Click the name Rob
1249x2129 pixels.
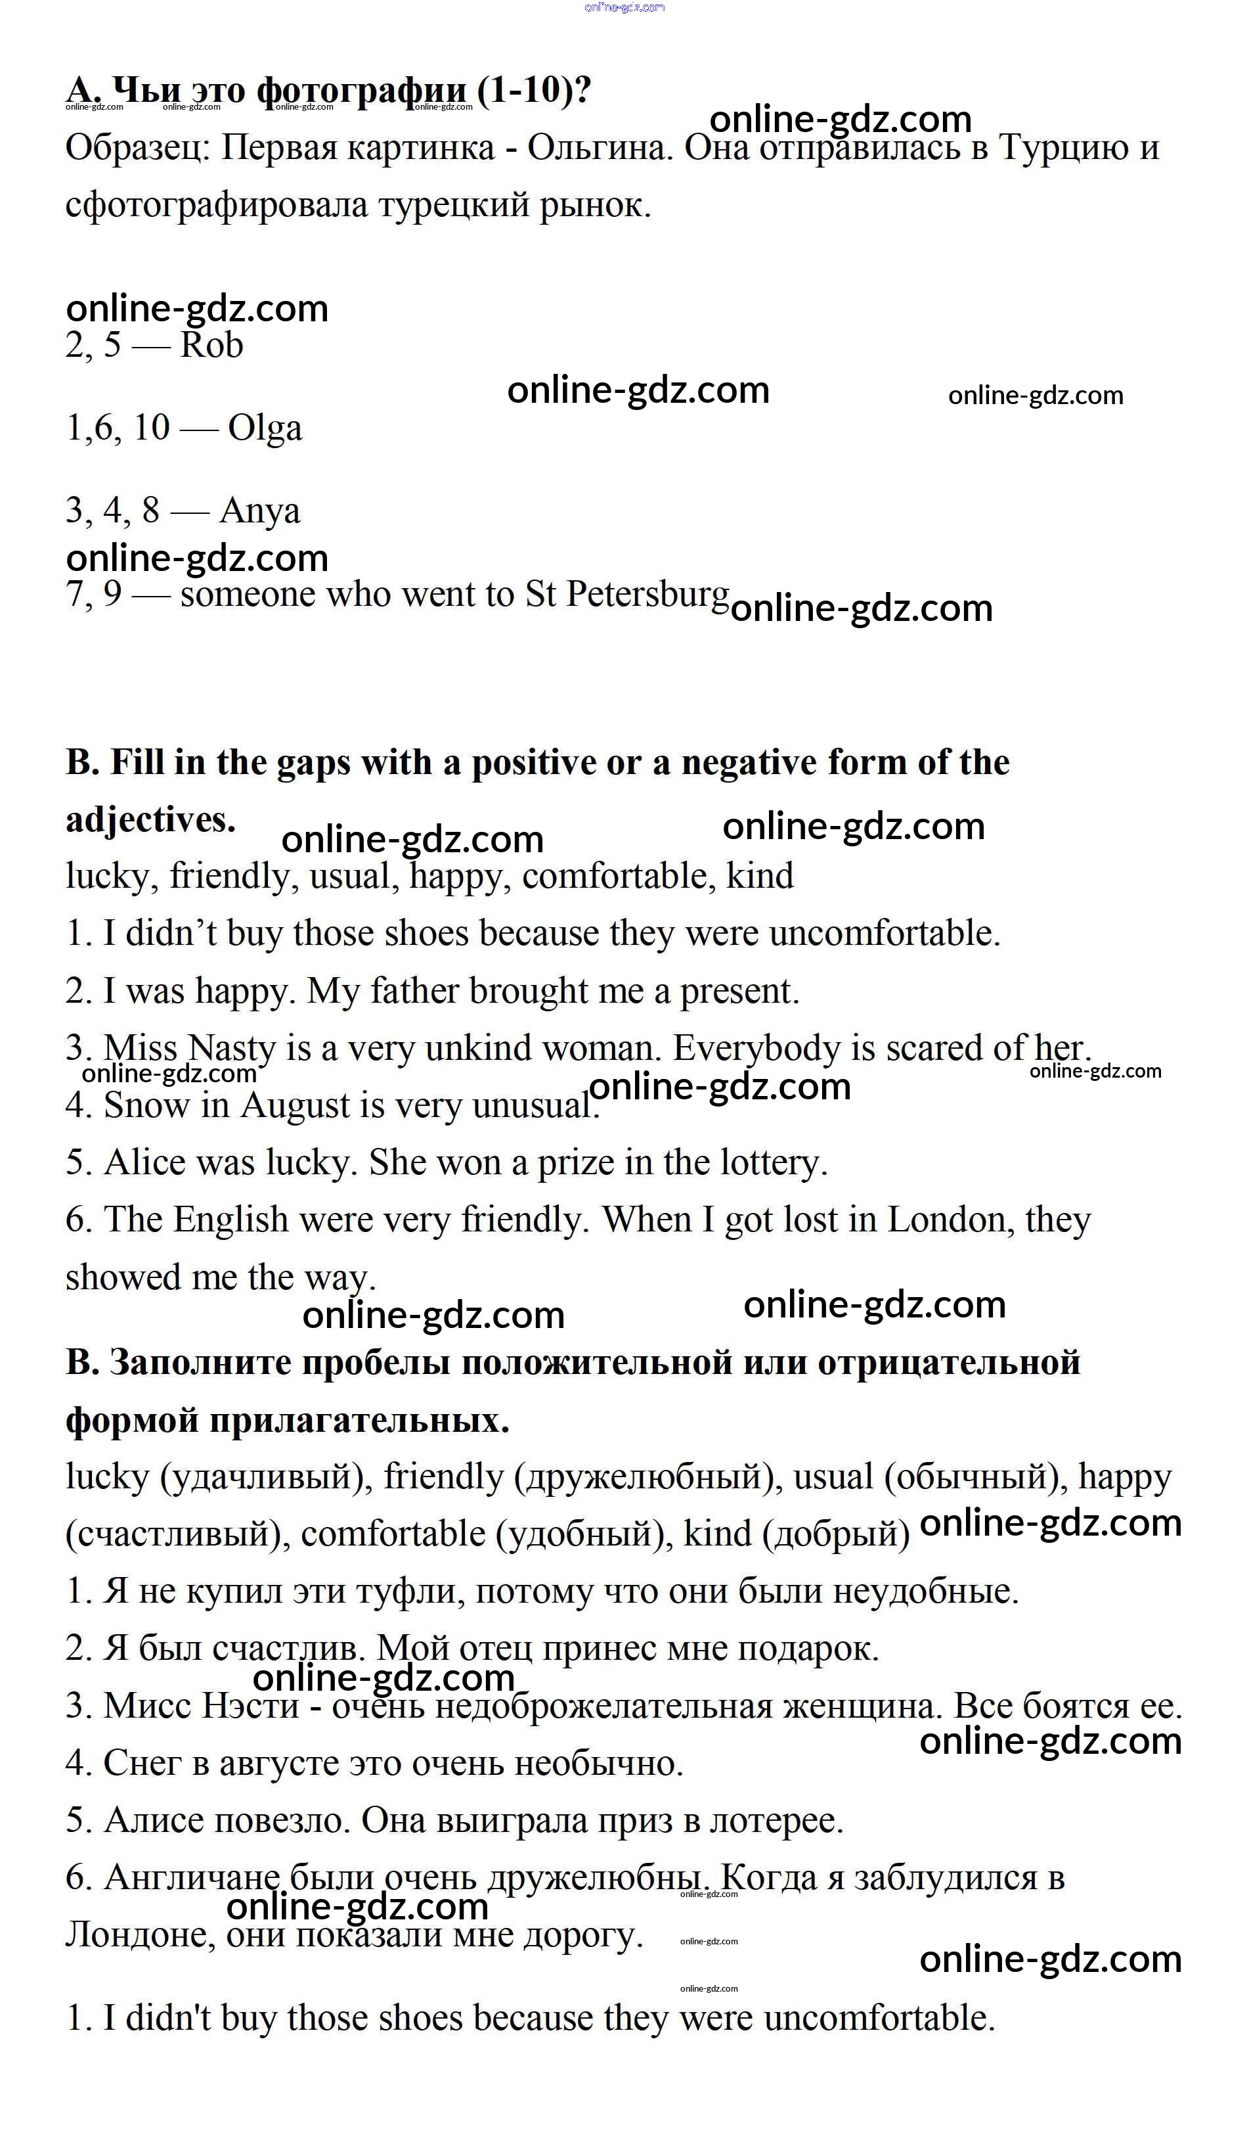pos(212,346)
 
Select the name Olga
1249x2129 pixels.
pos(265,428)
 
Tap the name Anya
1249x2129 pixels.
pos(259,511)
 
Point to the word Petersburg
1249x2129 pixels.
pos(647,594)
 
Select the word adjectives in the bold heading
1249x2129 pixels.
pos(150,819)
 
